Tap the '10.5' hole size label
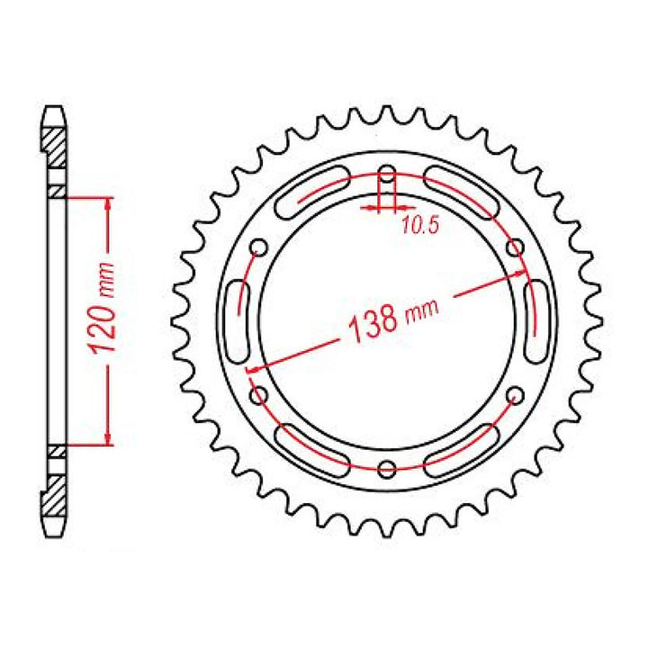pos(418,227)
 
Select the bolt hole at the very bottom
pos(387,467)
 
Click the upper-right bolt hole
pos(516,247)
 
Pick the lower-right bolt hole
pos(516,394)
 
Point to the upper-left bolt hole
pos(259,247)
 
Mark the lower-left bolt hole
pos(259,394)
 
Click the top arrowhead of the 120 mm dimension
pos(108,202)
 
